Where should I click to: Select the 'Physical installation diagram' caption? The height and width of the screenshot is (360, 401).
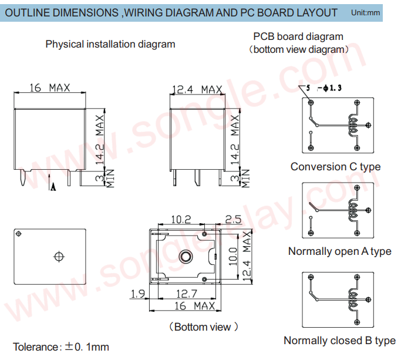click(110, 44)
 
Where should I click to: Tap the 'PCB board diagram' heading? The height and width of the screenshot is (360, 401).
click(298, 36)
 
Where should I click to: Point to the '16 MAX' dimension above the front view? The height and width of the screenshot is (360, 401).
click(49, 88)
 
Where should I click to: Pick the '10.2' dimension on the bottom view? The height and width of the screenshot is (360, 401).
click(181, 220)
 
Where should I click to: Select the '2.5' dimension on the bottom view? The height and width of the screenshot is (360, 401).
click(233, 220)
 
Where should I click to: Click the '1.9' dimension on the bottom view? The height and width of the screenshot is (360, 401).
click(138, 293)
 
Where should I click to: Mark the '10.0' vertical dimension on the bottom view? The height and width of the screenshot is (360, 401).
click(233, 256)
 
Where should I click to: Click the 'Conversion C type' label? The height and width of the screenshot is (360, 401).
click(335, 167)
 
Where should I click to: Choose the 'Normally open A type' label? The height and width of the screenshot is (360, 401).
click(339, 251)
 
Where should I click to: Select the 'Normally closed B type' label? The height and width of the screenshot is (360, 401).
click(339, 341)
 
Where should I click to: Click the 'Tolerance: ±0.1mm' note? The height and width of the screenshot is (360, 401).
click(61, 347)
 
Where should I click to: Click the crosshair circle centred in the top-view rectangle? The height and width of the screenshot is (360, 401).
click(58, 256)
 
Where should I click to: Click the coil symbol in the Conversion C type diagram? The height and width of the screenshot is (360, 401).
click(354, 125)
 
